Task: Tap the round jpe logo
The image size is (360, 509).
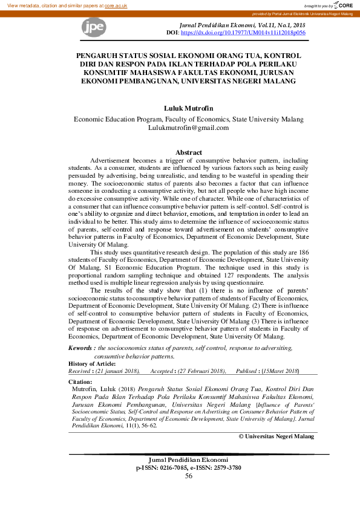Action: (94, 26)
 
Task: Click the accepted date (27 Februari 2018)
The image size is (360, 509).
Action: (196, 371)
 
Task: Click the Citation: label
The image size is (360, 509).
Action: (80, 382)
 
